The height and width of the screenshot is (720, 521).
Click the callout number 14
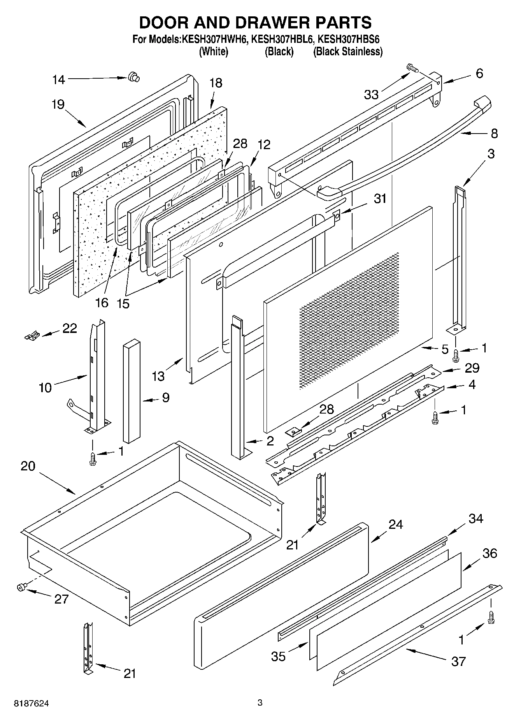tap(59, 80)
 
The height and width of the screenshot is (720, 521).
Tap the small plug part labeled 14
tap(134, 77)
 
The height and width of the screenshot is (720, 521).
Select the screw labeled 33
tap(412, 69)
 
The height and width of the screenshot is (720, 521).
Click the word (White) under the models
tap(213, 51)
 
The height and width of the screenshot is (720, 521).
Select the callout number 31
tap(380, 198)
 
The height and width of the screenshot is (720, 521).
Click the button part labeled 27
tap(21, 587)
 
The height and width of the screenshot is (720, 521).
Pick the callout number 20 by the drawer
tap(28, 466)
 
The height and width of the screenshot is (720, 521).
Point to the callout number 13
tap(158, 376)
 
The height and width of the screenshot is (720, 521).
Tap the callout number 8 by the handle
tap(494, 134)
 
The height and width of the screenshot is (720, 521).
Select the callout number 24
tap(396, 525)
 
